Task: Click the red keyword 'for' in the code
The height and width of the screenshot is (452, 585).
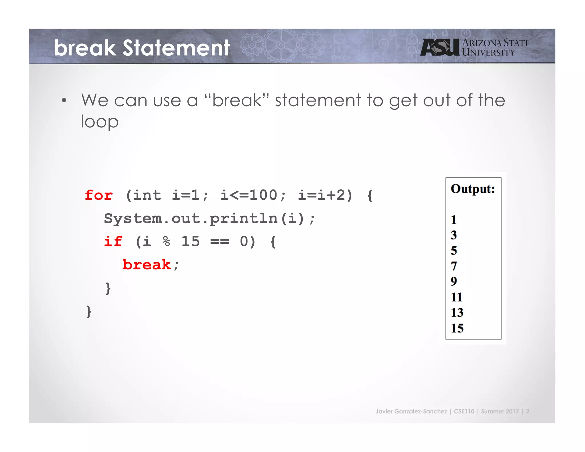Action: click(99, 196)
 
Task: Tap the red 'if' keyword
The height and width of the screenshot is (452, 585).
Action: click(113, 242)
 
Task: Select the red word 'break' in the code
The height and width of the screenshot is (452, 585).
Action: click(147, 265)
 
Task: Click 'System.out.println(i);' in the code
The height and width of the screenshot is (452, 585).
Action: click(209, 219)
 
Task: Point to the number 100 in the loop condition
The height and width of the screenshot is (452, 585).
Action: click(263, 196)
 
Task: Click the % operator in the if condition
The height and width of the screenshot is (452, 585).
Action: click(166, 242)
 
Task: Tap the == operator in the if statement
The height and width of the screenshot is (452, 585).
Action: click(219, 242)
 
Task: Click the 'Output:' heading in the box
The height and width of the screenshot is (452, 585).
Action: click(473, 189)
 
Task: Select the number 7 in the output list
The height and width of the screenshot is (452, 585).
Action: click(454, 266)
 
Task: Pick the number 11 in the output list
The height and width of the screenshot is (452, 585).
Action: click(456, 297)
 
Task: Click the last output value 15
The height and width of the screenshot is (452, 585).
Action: click(457, 328)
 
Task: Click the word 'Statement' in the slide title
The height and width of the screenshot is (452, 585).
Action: click(176, 48)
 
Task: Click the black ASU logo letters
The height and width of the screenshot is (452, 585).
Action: click(440, 47)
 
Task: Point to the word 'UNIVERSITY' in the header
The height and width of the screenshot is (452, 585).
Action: click(488, 53)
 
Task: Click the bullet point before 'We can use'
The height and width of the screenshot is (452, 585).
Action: click(64, 101)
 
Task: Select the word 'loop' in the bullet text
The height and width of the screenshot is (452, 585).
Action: click(99, 122)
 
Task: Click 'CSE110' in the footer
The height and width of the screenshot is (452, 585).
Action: click(464, 411)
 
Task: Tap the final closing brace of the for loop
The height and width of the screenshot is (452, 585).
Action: click(89, 311)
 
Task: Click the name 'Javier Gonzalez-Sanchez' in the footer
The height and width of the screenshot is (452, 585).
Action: click(411, 411)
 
